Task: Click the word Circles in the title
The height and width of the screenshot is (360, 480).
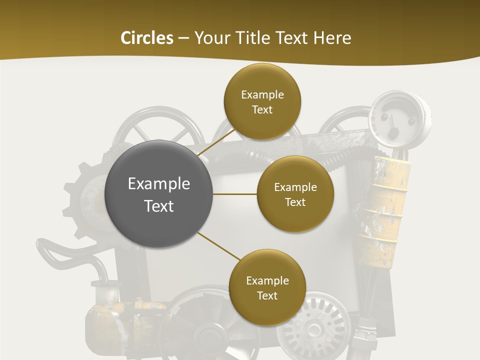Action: pyautogui.click(x=147, y=38)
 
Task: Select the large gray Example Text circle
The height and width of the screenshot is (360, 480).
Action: pyautogui.click(x=159, y=194)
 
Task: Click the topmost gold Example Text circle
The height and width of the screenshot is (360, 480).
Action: pyautogui.click(x=262, y=101)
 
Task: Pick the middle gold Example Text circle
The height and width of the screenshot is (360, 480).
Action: pyautogui.click(x=295, y=194)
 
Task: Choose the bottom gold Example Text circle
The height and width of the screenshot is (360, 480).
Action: pyautogui.click(x=267, y=287)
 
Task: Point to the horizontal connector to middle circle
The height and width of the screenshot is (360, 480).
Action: pyautogui.click(x=234, y=194)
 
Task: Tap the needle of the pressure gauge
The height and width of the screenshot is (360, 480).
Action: pyautogui.click(x=393, y=125)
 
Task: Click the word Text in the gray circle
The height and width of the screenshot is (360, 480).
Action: pyautogui.click(x=159, y=206)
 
